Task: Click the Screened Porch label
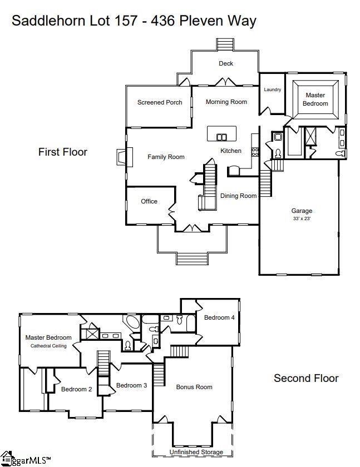tap(160, 102)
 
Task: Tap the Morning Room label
tap(226, 102)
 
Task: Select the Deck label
tap(226, 63)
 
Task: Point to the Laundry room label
tap(273, 90)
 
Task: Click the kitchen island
tap(221, 134)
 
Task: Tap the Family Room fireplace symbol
tap(121, 157)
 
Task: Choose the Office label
tap(149, 201)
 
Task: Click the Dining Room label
tap(238, 196)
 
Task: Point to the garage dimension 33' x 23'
tap(302, 218)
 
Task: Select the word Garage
tap(302, 211)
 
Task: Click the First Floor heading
tap(63, 152)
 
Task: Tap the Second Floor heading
tap(306, 378)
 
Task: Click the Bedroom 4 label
tap(219, 317)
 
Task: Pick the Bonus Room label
tap(194, 387)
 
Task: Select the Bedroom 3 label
tap(131, 385)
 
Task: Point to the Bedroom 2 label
tap(77, 389)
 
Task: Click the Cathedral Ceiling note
tap(48, 346)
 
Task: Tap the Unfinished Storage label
tap(196, 453)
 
